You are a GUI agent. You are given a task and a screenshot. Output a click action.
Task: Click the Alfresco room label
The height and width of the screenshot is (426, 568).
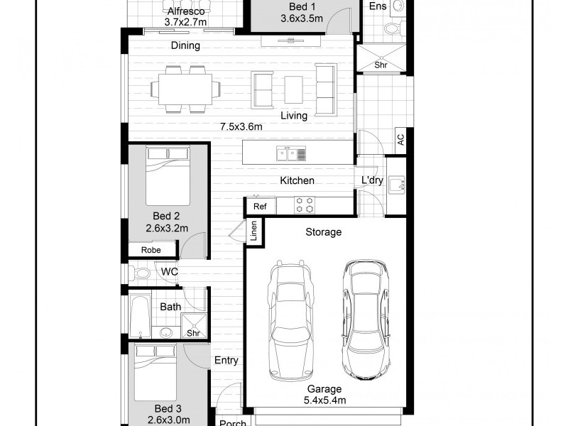(185, 12)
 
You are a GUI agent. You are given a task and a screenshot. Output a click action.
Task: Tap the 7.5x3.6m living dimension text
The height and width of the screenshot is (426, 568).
(241, 127)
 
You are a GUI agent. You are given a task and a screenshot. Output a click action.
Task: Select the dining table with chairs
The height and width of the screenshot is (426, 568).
(185, 89)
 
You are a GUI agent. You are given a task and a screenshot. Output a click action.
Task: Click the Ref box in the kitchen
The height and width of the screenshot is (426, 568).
(260, 206)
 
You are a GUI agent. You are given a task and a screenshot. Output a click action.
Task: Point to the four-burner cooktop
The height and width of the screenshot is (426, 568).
(305, 204)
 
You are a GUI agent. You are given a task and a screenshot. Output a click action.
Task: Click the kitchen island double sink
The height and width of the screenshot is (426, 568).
(292, 153)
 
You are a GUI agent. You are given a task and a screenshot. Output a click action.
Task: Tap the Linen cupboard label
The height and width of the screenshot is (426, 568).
(253, 231)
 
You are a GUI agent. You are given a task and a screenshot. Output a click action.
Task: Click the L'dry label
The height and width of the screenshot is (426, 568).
(372, 181)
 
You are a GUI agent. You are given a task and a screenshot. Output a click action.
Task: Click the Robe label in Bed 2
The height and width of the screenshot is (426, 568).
(151, 250)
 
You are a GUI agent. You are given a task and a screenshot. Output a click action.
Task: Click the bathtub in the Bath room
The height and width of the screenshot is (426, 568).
(140, 317)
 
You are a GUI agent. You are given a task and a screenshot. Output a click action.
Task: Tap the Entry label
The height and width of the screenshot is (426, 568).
(226, 361)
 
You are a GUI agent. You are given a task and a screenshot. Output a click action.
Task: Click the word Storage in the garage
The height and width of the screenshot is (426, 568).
(324, 232)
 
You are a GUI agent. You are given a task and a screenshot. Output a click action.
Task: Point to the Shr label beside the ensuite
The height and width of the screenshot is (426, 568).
(382, 65)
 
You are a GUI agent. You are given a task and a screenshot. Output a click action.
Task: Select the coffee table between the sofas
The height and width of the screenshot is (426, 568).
(294, 90)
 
